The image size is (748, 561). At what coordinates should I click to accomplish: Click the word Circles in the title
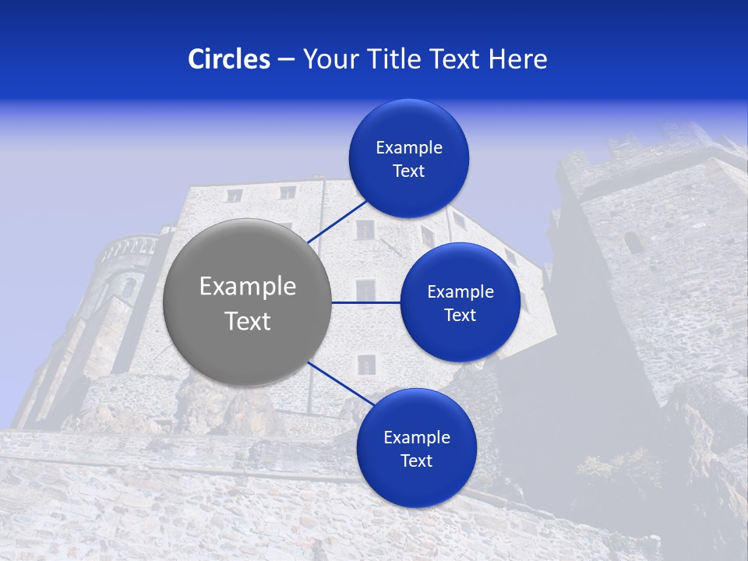pos(228,59)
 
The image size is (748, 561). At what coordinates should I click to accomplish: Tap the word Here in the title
pos(517,59)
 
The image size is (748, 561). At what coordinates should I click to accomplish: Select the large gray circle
pos(247,302)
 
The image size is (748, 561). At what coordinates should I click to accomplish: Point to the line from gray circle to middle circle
pos(365,302)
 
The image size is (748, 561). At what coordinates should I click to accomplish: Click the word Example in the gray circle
pos(247,287)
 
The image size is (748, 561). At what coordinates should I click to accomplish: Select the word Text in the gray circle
pos(247,321)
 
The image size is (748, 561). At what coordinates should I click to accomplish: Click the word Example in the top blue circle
pos(408,148)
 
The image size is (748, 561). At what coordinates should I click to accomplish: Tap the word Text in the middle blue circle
pos(460,316)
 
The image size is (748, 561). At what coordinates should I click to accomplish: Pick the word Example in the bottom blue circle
pos(416,438)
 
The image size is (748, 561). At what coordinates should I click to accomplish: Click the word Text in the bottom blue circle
pos(416,461)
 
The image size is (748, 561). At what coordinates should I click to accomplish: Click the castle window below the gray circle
pos(365,363)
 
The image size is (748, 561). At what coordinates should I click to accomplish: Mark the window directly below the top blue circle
pos(365,230)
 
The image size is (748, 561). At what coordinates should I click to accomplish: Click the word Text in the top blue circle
pos(408,171)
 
